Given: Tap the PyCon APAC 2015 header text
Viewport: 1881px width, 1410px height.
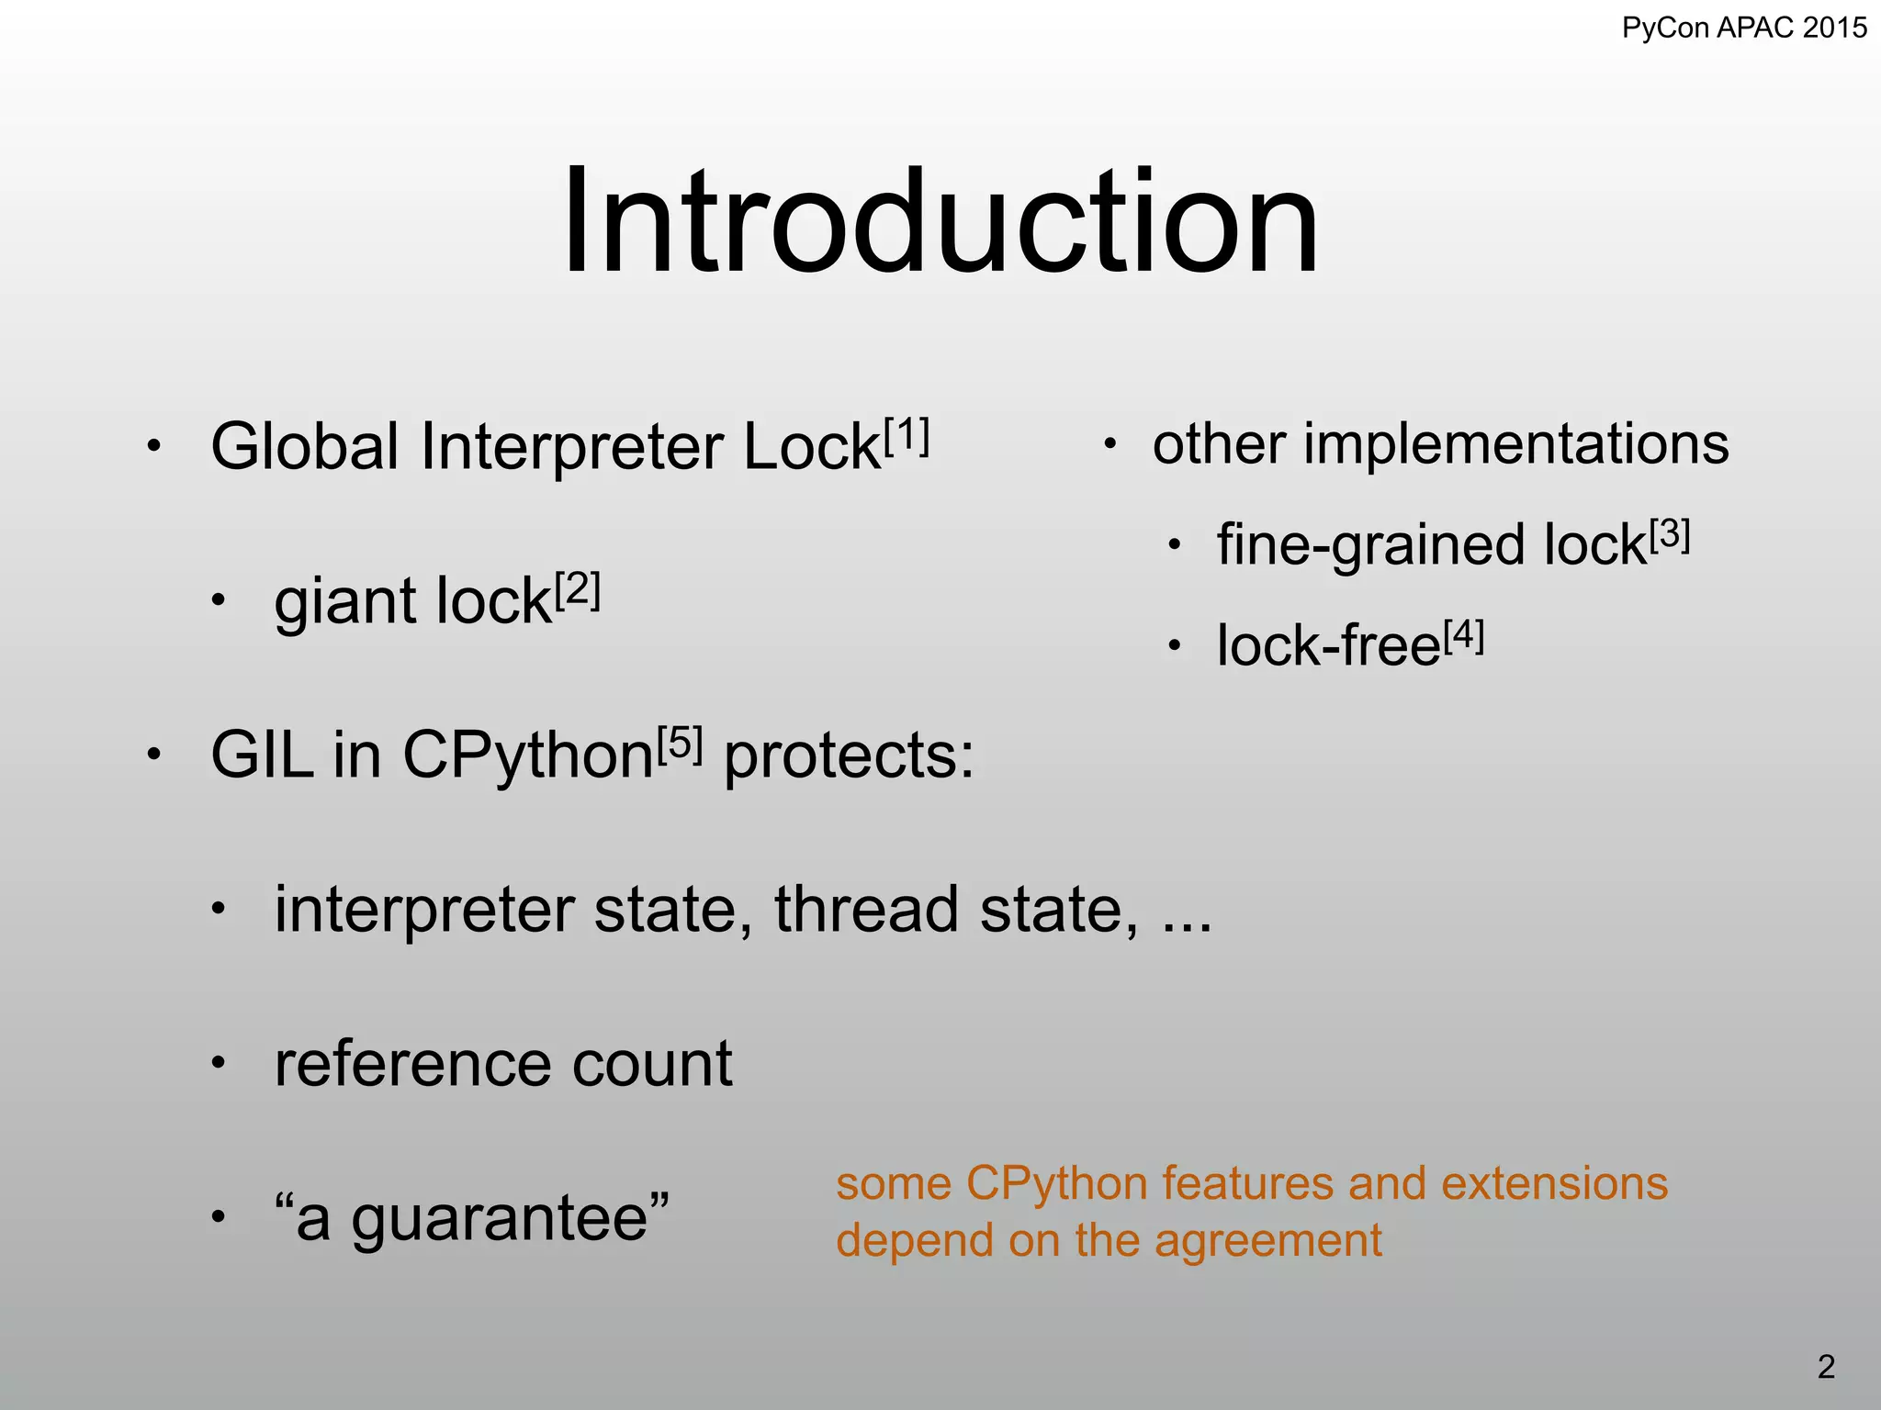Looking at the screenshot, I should (x=1744, y=28).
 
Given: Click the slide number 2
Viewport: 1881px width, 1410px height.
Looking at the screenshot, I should (x=1826, y=1368).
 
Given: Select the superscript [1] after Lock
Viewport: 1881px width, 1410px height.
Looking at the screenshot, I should (x=907, y=436).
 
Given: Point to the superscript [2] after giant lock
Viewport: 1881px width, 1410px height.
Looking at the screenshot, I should (x=578, y=590).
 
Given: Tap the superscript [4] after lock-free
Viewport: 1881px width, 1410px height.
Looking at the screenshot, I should (x=1464, y=636).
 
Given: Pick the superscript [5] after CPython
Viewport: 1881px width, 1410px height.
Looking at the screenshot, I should (x=680, y=744).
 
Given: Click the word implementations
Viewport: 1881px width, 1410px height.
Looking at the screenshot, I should (x=1515, y=445).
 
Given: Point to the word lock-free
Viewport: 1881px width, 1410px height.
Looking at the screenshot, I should (x=1328, y=646).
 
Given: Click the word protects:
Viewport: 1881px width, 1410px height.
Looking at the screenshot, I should (x=849, y=757).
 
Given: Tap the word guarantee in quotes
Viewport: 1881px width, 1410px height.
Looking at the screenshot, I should (x=500, y=1220).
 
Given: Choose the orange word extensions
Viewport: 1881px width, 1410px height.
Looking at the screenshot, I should (x=1554, y=1183).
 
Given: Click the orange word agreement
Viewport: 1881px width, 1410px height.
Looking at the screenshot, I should (x=1267, y=1242).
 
